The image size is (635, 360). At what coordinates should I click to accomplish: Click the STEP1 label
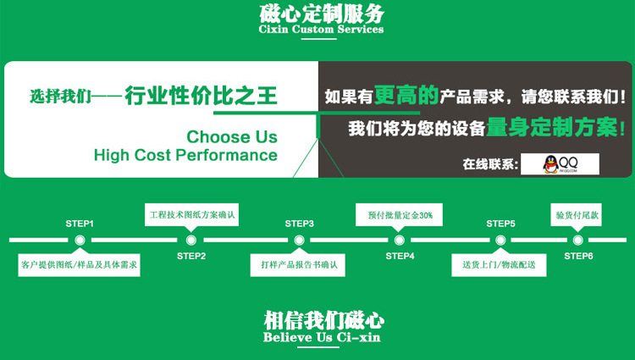pyautogui.click(x=80, y=224)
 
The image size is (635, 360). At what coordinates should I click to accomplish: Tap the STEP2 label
pyautogui.click(x=191, y=256)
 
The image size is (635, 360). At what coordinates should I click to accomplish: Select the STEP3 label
pyautogui.click(x=299, y=224)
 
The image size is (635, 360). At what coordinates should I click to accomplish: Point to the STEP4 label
pyautogui.click(x=400, y=256)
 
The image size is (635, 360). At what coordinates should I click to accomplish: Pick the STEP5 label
pyautogui.click(x=500, y=224)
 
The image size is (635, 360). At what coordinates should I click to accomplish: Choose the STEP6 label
pyautogui.click(x=578, y=256)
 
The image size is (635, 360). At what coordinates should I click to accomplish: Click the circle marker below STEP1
pyautogui.click(x=80, y=241)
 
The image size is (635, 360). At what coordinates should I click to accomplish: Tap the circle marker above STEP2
pyautogui.click(x=191, y=241)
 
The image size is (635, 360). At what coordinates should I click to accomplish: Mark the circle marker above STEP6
pyautogui.click(x=578, y=241)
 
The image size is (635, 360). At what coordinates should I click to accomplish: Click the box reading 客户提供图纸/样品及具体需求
pyautogui.click(x=80, y=266)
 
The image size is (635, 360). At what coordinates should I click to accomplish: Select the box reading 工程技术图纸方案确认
pyautogui.click(x=191, y=214)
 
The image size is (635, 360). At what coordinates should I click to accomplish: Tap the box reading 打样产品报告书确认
pyautogui.click(x=299, y=266)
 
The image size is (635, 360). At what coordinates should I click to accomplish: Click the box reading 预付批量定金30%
pyautogui.click(x=400, y=215)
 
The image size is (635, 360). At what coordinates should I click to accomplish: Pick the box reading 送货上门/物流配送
pyautogui.click(x=499, y=266)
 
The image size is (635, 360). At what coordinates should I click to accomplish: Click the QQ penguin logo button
pyautogui.click(x=560, y=163)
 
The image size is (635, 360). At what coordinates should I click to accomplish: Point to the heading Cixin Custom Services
pyautogui.click(x=321, y=30)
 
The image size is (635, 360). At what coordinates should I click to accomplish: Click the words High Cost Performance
pyautogui.click(x=185, y=155)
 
